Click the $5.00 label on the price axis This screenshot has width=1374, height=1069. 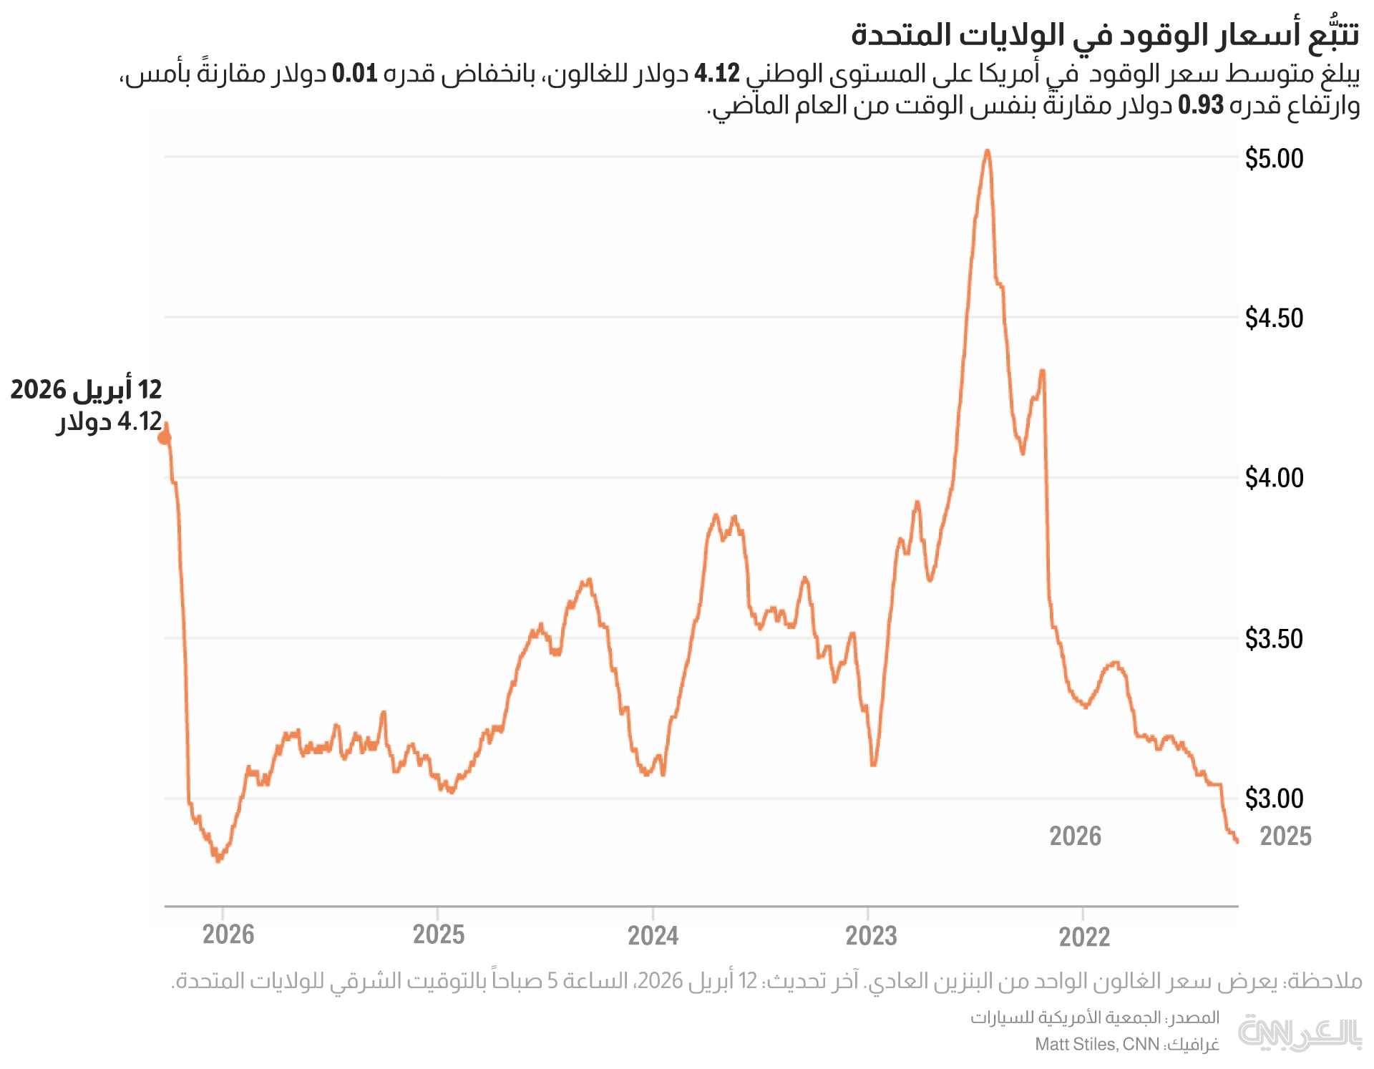1274,158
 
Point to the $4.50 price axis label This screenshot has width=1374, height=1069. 1274,318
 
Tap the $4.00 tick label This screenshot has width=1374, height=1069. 1274,477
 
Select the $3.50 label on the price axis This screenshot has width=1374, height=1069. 1274,638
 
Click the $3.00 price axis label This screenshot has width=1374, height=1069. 1274,798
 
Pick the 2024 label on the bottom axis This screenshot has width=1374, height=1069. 653,935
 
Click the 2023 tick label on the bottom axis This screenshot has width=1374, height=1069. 870,935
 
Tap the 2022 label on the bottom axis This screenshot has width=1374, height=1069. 1084,936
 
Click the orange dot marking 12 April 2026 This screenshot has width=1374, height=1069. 164,437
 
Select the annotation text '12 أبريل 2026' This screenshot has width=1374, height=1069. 87,389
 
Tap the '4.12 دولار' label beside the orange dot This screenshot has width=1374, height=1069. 109,421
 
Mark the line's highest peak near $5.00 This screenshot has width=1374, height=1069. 987,151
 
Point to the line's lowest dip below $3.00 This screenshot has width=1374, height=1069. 218,860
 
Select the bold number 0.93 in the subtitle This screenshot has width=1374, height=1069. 1201,105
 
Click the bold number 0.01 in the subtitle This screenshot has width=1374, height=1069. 354,73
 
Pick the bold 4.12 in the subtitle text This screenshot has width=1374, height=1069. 717,73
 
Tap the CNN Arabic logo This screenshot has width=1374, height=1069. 1299,1033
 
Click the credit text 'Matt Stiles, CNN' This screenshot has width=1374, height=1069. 1096,1045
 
